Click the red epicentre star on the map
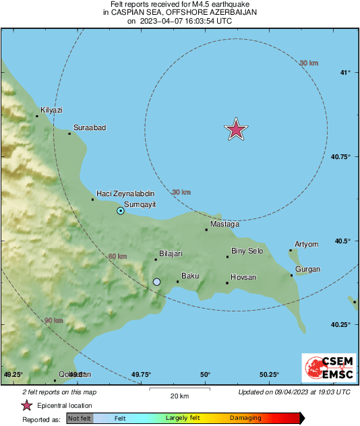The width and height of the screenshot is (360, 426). point(235,129)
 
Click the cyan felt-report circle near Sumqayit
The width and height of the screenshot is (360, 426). point(121,211)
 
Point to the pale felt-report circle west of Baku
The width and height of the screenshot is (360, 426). point(156,282)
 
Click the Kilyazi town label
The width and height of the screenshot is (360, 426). point(51,109)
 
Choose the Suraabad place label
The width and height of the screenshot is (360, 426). point(90,127)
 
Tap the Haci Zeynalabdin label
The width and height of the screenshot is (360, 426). point(126,193)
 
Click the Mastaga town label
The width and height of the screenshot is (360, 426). point(224,224)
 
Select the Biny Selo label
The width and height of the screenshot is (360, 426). point(247,251)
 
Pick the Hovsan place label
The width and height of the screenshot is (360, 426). point(243,277)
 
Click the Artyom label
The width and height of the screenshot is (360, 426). point(306,244)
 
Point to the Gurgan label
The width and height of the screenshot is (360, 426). point(307,270)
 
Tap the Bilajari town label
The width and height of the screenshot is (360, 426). point(171,253)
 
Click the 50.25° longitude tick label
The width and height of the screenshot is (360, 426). point(269,374)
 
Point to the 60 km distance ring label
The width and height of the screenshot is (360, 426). point(117,256)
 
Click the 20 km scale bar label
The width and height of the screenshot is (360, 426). point(179,395)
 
